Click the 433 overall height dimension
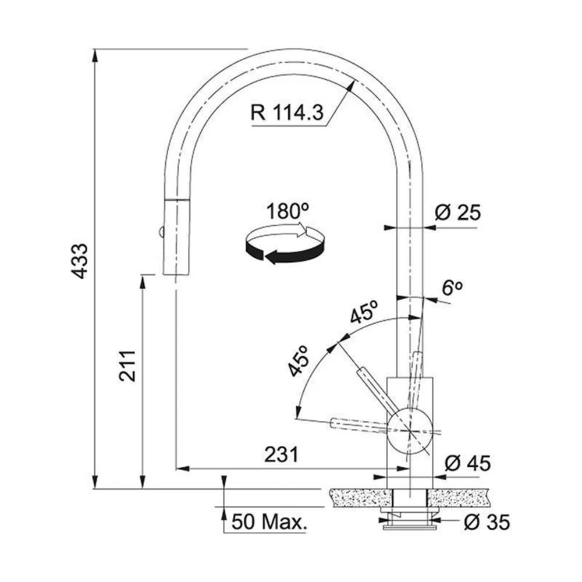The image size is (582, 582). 79,261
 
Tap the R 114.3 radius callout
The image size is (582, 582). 287,112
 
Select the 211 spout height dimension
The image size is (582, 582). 127,365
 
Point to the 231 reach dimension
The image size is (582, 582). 281,455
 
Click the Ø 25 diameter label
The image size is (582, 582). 457,212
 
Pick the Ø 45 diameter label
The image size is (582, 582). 467,463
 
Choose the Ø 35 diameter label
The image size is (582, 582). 487,522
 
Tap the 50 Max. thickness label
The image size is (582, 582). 269,522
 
